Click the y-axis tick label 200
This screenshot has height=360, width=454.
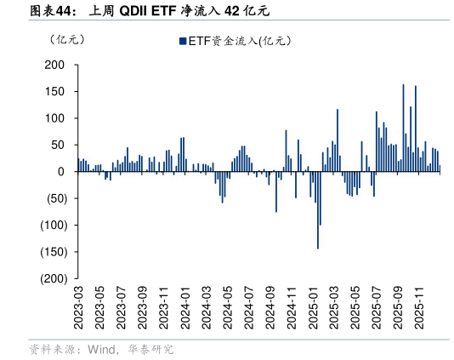pos(55,65)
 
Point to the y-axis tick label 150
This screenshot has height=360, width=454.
pos(55,91)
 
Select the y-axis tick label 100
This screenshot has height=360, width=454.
pos(55,118)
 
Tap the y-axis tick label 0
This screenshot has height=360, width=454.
pos(62,172)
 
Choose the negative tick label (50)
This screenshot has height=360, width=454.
pos(54,198)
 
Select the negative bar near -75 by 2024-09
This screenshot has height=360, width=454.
pos(276,191)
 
